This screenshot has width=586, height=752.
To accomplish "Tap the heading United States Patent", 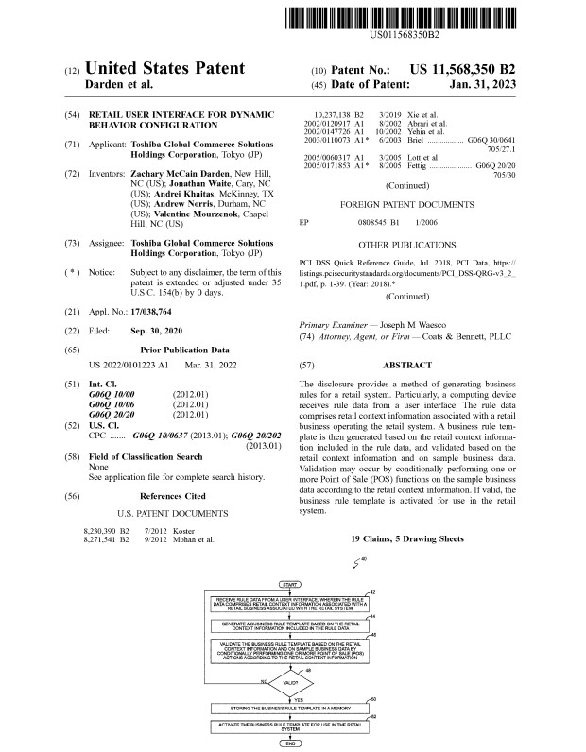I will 165,69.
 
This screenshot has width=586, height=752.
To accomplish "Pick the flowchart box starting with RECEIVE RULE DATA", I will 292,603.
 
